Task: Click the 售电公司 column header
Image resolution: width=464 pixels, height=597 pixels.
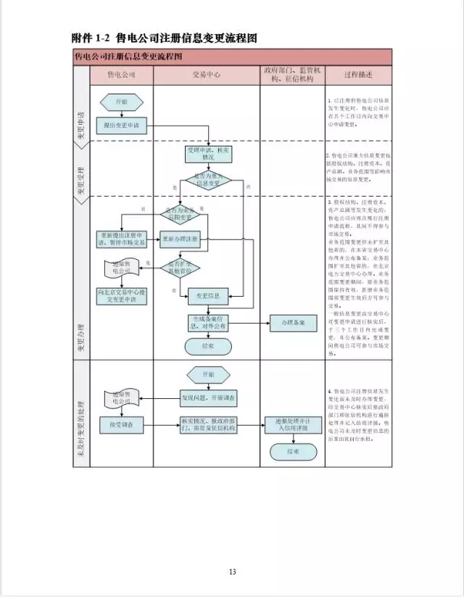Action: point(121,75)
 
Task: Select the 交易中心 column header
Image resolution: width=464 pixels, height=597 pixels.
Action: point(207,75)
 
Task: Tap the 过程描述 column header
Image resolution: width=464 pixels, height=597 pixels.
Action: point(358,75)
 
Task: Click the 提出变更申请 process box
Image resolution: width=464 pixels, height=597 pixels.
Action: point(121,125)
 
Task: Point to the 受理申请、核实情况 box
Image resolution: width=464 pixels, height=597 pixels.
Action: point(207,153)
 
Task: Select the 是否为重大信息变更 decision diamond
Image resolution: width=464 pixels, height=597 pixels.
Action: point(207,179)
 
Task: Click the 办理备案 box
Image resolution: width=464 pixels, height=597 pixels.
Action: point(292,321)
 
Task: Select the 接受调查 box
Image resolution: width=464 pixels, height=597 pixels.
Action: point(121,423)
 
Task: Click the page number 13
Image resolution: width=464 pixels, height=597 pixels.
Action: point(232,572)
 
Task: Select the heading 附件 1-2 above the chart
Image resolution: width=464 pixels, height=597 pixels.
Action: point(90,38)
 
